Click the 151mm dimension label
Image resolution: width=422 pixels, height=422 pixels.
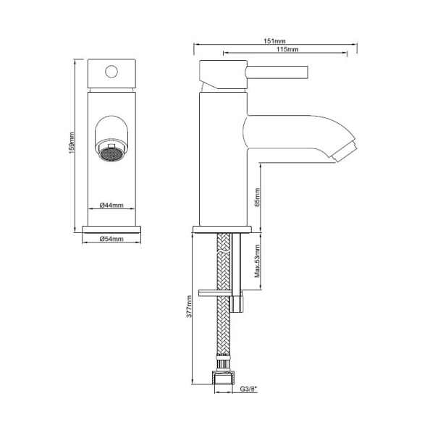[x=274, y=41]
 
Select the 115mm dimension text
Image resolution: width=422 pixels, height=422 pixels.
[x=287, y=49]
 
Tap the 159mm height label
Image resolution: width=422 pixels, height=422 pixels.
[x=72, y=143]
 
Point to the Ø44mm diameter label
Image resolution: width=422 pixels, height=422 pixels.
[x=111, y=205]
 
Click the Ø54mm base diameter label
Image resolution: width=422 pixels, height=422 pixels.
[x=111, y=239]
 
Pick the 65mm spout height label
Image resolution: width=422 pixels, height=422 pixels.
[x=258, y=198]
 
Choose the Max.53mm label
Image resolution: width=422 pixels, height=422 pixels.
[x=258, y=261]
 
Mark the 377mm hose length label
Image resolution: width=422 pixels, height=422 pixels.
[x=189, y=306]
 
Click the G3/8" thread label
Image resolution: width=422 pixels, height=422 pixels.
[x=248, y=389]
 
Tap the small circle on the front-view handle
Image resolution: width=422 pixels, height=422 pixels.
[x=111, y=72]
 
